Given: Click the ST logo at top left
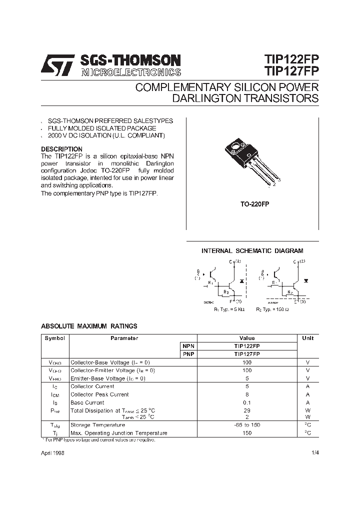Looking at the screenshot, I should (x=57, y=65).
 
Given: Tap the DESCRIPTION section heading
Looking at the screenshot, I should (x=61, y=149).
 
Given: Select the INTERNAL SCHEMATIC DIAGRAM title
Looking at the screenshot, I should (x=252, y=251).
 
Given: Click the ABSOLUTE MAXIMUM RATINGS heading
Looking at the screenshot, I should (x=89, y=326).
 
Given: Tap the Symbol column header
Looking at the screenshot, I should (x=54, y=338).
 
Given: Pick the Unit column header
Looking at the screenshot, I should (x=308, y=338).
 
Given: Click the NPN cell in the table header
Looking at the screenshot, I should (x=187, y=346).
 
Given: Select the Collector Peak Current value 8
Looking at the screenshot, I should (x=247, y=394).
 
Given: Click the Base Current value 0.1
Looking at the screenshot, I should (x=247, y=402).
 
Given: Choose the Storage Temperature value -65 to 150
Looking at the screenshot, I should (x=247, y=425).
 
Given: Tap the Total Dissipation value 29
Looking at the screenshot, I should (x=247, y=410).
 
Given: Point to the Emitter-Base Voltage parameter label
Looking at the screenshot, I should (x=108, y=378).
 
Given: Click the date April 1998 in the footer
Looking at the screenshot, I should (x=52, y=452).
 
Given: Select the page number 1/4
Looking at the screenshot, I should (x=314, y=452).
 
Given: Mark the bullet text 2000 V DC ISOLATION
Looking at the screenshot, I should (x=106, y=135).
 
